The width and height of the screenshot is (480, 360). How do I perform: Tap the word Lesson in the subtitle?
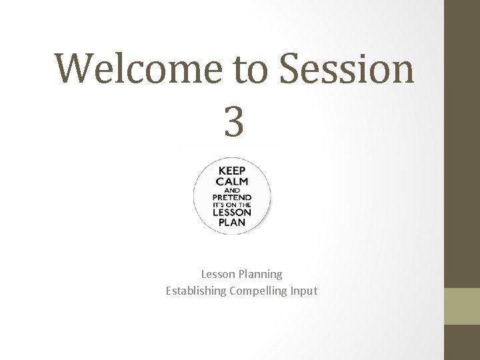coord(217,274)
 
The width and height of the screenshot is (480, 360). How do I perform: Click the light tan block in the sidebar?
coord(461,306)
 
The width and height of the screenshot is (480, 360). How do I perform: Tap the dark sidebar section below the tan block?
coord(461,342)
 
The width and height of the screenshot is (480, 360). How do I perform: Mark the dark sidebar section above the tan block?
coord(461,143)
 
